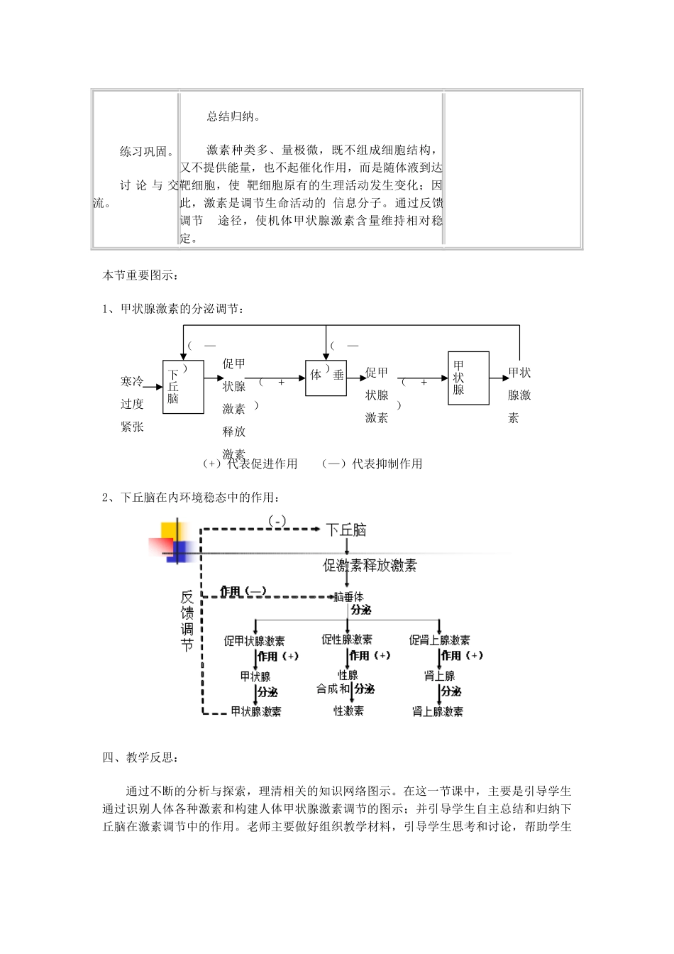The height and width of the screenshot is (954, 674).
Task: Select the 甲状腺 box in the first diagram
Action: pyautogui.click(x=468, y=378)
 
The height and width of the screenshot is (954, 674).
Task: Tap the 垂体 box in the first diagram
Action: pyautogui.click(x=326, y=375)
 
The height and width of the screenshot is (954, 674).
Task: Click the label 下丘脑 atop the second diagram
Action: pyautogui.click(x=346, y=530)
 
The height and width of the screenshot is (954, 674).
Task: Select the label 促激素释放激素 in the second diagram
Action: pyautogui.click(x=370, y=566)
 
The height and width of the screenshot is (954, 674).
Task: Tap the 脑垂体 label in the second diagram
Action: pyautogui.click(x=348, y=598)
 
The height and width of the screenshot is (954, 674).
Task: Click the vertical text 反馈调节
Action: pyautogui.click(x=187, y=622)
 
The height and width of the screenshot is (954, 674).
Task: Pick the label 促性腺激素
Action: pyautogui.click(x=347, y=640)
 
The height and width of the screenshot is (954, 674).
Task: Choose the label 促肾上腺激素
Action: pyautogui.click(x=439, y=640)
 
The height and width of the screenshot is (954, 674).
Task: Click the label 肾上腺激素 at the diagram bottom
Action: pyautogui.click(x=438, y=711)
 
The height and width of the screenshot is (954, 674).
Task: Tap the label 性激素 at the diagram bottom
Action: pyautogui.click(x=348, y=711)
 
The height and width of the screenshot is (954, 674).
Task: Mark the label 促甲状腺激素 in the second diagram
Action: pyautogui.click(x=255, y=641)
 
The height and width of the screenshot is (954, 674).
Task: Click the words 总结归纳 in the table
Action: pyautogui.click(x=233, y=116)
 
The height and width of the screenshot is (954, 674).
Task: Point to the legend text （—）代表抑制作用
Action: pyautogui.click(x=372, y=464)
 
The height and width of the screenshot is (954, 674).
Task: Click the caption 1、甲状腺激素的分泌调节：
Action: pyautogui.click(x=175, y=309)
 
